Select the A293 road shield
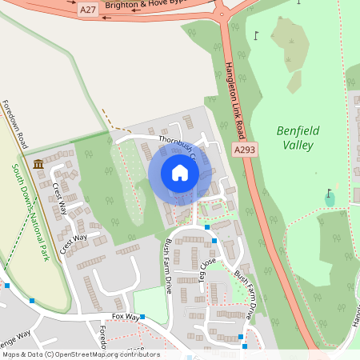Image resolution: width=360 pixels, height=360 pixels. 245,150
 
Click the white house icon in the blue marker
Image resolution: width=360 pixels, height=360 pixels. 180,173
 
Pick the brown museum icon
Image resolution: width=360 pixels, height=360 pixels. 38,165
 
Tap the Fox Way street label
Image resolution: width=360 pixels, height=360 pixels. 125,317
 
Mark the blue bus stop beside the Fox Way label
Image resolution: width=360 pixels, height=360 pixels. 142,318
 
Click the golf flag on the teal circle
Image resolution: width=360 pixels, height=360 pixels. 330,194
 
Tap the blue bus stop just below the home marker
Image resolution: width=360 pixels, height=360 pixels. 207,228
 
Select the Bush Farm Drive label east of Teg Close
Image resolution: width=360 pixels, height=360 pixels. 245,291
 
